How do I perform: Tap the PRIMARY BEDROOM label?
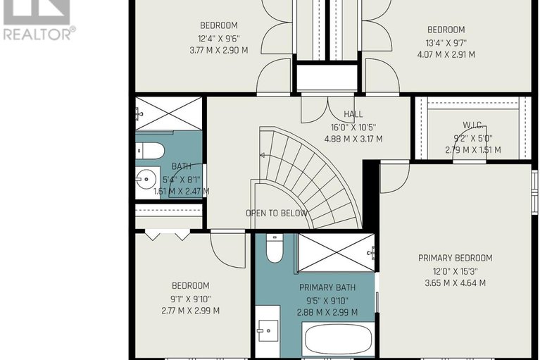[455, 258]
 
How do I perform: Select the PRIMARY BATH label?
[327, 287]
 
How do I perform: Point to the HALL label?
[353, 114]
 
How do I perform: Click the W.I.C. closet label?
[472, 125]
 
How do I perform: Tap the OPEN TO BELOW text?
[277, 213]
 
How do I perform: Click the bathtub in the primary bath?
[338, 339]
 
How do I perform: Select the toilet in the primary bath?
[275, 249]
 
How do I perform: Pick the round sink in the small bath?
[146, 179]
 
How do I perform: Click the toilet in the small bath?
[150, 150]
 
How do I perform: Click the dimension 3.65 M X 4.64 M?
[456, 283]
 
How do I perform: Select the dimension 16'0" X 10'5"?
[353, 128]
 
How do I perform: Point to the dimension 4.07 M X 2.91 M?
[446, 54]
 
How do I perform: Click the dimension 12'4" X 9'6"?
[219, 39]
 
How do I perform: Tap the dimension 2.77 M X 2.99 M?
[191, 311]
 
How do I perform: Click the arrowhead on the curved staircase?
[262, 156]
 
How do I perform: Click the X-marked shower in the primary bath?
[336, 252]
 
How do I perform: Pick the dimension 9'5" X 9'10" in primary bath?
[327, 301]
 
